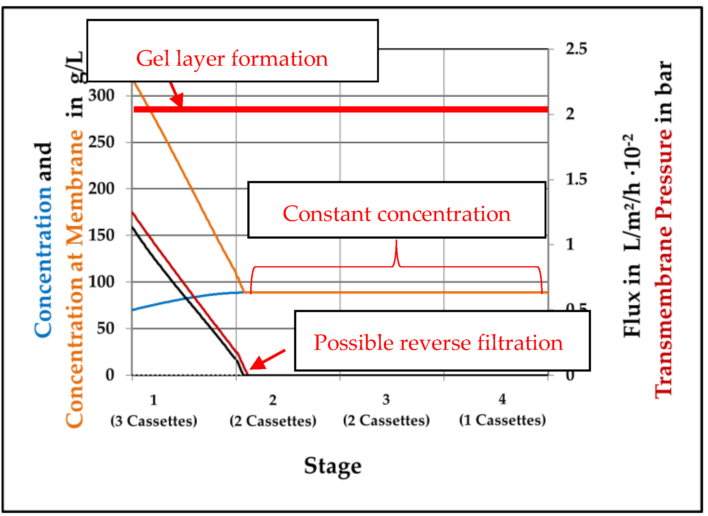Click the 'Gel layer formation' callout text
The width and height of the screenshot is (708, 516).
pos(232,59)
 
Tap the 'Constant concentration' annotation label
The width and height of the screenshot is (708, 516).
pos(397,214)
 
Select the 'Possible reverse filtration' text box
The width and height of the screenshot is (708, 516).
pos(438,343)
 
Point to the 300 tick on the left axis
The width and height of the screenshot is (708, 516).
pos(101,95)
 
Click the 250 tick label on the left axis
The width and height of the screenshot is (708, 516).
pos(101,142)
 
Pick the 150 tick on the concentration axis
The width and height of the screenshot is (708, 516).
pos(101,235)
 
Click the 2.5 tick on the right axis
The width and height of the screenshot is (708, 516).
pos(576,49)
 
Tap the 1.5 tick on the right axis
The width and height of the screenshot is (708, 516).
pos(576,179)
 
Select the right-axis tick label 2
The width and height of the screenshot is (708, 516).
pos(570,114)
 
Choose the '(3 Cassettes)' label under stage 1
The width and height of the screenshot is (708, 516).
pos(154,421)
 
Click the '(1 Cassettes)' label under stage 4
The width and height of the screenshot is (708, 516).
pos(502,420)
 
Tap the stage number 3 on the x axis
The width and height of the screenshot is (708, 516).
pos(386,400)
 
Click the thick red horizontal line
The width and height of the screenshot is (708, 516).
pos(340,109)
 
